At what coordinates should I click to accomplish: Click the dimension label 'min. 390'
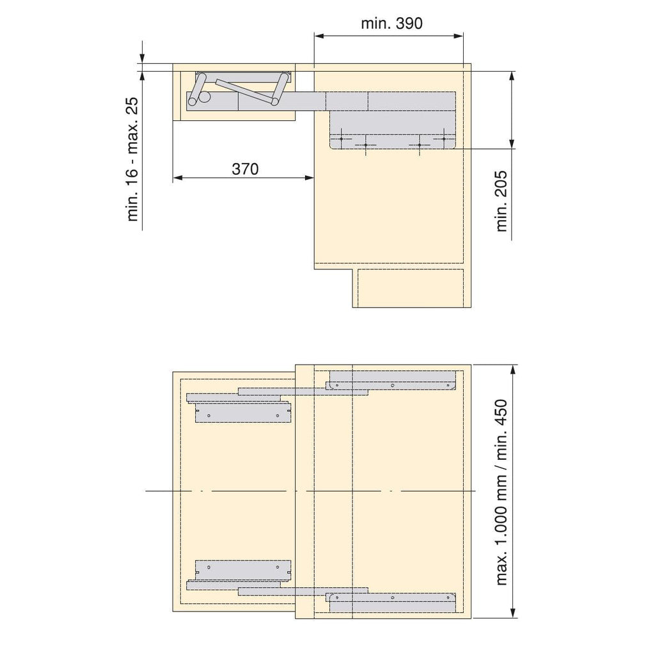(x=391, y=24)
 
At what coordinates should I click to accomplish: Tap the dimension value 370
(x=245, y=169)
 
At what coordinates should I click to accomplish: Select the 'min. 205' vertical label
(x=501, y=201)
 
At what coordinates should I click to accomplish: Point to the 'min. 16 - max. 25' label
(x=132, y=159)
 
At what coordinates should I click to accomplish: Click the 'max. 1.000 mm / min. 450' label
(x=501, y=493)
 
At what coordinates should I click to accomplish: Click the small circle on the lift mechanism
(x=205, y=97)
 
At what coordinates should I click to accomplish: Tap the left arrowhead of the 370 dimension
(x=178, y=178)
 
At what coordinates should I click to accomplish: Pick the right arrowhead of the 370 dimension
(x=309, y=178)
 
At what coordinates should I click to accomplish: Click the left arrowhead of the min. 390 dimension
(x=320, y=36)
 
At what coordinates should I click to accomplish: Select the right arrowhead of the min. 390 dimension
(x=458, y=36)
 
